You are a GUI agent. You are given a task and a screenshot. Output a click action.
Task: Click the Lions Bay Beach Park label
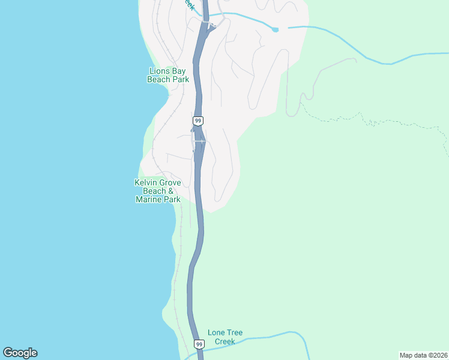click(168, 75)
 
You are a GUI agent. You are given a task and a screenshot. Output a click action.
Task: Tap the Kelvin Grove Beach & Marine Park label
click(158, 191)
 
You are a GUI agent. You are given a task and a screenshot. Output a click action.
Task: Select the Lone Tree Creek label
click(225, 337)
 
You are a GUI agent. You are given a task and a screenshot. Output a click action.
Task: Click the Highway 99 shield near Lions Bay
click(198, 121)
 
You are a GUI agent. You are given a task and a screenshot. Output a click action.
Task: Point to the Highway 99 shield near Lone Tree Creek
click(199, 344)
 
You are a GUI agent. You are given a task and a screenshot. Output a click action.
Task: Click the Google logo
click(20, 353)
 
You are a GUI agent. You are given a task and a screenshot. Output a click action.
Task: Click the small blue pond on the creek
click(275, 29)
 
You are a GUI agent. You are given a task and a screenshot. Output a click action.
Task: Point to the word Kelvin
click(145, 182)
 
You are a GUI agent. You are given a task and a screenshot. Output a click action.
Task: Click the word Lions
click(160, 71)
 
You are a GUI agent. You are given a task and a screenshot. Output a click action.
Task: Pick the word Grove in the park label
click(170, 182)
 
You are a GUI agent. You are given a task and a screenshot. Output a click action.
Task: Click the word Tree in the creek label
click(235, 332)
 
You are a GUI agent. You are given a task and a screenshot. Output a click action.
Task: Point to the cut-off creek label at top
click(188, 5)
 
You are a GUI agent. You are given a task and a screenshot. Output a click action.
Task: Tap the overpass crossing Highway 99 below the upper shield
click(199, 142)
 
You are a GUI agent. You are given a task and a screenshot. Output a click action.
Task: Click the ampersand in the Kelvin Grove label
click(171, 191)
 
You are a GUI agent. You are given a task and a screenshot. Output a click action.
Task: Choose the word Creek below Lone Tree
click(225, 341)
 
